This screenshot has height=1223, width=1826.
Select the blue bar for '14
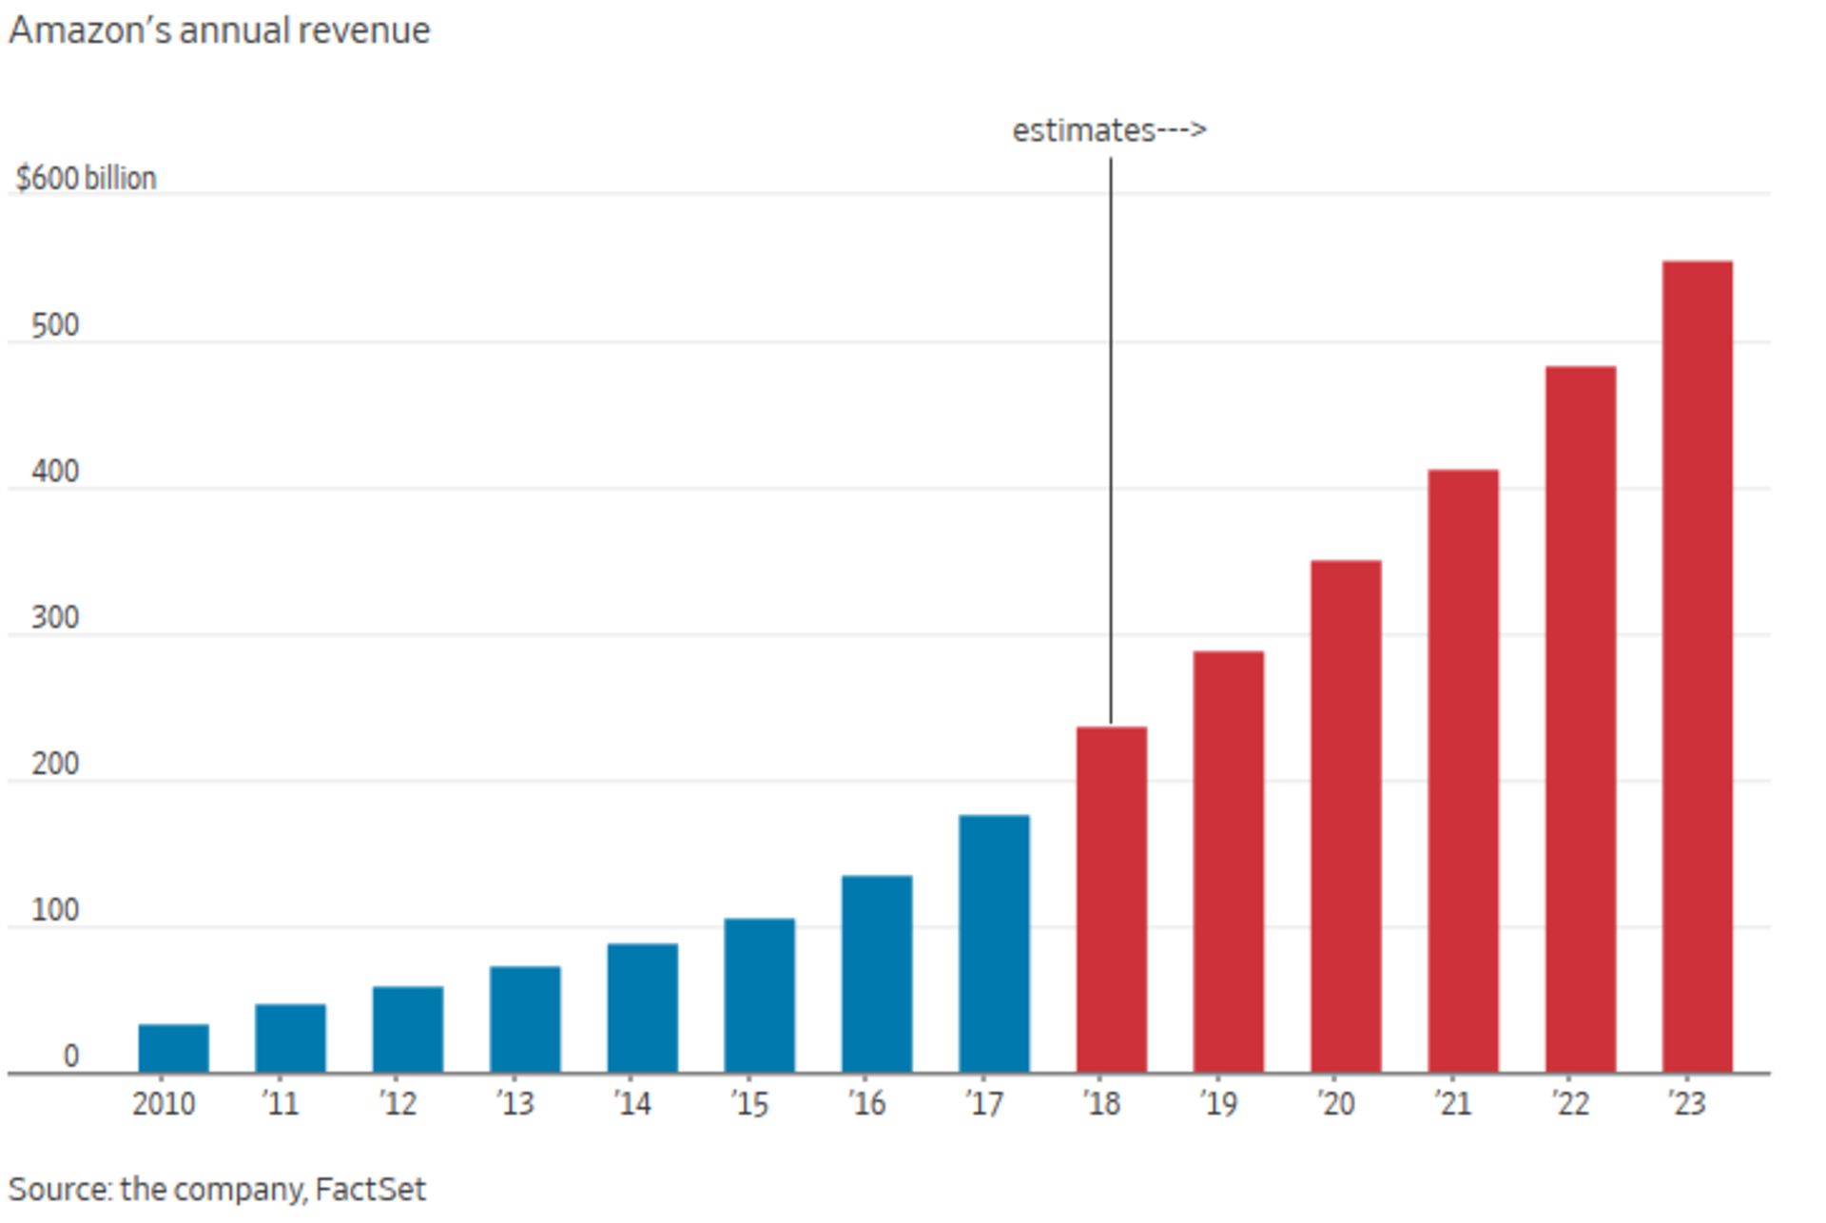[642, 1008]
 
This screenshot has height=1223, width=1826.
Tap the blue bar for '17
[994, 943]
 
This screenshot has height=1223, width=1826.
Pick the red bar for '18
[1111, 900]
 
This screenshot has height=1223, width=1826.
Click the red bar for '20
[1346, 816]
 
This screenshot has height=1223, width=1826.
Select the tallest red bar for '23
[1697, 666]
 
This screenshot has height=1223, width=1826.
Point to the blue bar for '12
[407, 1029]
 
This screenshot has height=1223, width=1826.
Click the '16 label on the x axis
[866, 1104]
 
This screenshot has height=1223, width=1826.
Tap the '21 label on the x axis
[1452, 1104]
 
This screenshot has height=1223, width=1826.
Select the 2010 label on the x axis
[164, 1104]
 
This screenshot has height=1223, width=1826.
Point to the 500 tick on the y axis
[55, 326]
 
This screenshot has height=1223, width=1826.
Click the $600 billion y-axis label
[86, 179]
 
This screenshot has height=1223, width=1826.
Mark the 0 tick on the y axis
[70, 1056]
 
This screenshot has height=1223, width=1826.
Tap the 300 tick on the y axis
[55, 618]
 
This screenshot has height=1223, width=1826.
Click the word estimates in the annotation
[1082, 130]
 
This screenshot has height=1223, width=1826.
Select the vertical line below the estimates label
[1111, 437]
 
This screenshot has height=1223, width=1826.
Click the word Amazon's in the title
[89, 30]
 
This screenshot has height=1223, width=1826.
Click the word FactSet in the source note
[370, 1189]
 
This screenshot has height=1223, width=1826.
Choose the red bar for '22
[1580, 719]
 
